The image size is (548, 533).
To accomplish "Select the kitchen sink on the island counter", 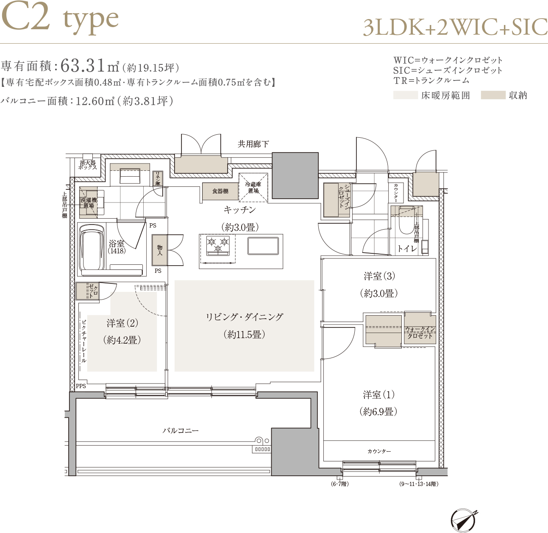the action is click(x=263, y=246).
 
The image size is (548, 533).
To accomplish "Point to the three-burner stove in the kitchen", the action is click(x=218, y=245).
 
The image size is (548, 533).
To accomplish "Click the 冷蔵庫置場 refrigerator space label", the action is click(x=253, y=188).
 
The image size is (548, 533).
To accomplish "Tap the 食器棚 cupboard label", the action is click(x=220, y=191).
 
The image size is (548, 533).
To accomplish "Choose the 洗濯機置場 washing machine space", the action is click(x=89, y=203).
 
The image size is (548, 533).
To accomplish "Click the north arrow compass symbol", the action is click(x=463, y=520).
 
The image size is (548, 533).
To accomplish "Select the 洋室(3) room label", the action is click(x=379, y=276).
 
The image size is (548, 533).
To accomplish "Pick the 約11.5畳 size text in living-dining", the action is click(x=244, y=334).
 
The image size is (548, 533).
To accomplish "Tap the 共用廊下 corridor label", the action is click(x=253, y=144).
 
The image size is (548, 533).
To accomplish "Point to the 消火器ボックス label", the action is click(x=88, y=165).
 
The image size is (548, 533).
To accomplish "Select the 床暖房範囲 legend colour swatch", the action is click(x=406, y=95).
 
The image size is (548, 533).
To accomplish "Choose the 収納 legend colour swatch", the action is click(x=493, y=95).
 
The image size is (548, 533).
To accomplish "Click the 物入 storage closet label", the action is click(x=160, y=250).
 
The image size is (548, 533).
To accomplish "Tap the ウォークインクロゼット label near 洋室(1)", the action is click(x=420, y=333).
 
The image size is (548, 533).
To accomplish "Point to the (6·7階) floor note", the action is click(x=340, y=484).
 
